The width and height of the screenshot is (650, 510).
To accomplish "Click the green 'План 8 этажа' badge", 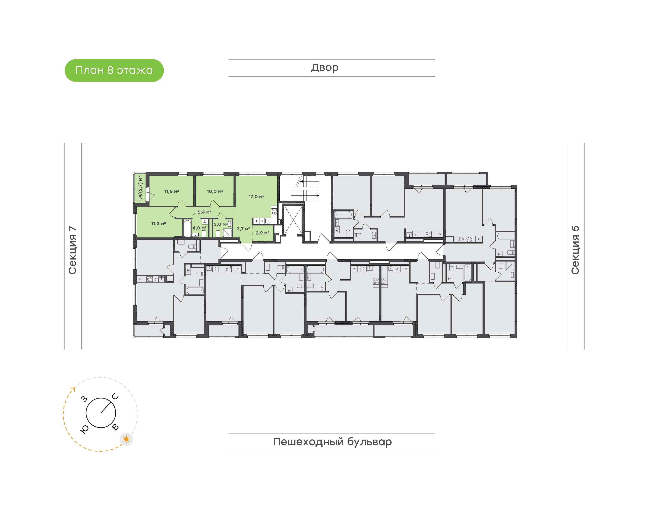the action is click(x=114, y=70).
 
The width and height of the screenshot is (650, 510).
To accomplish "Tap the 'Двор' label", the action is click(x=325, y=68).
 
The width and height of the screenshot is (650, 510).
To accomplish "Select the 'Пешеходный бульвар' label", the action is click(x=332, y=442).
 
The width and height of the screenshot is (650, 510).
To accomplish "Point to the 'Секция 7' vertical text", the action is click(x=72, y=250).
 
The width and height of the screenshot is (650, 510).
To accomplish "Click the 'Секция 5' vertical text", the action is click(x=575, y=250).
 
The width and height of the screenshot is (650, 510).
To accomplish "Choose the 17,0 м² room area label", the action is click(x=256, y=197).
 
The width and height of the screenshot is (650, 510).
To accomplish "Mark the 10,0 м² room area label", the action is click(x=215, y=191).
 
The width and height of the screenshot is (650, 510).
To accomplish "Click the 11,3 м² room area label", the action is click(x=158, y=224).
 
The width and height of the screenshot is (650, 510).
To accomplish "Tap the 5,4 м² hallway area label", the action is click(x=204, y=212).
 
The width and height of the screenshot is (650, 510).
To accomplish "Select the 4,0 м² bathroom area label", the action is click(x=200, y=228).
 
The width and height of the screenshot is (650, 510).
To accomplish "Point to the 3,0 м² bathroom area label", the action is click(x=221, y=225).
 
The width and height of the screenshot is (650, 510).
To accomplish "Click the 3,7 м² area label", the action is click(x=243, y=229).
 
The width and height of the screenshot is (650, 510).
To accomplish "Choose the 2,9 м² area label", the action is click(x=262, y=233).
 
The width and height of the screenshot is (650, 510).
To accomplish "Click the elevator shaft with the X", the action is click(x=293, y=220).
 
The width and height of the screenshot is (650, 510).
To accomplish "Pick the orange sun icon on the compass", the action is click(x=126, y=439).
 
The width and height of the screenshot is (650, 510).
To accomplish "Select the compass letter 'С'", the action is click(x=115, y=396).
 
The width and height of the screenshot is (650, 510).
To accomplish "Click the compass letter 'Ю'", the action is click(x=84, y=429).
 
